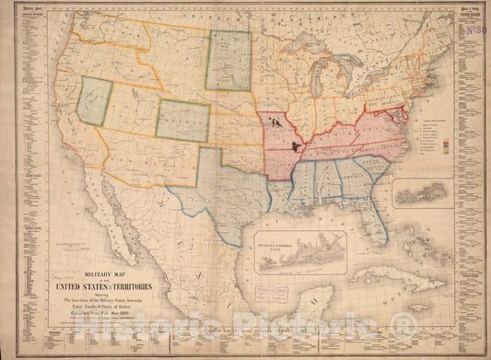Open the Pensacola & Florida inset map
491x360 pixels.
pyautogui.click(x=300, y=251)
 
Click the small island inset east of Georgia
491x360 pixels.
pyautogui.click(x=425, y=192)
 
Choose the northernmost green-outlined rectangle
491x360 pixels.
pyautogui.click(x=228, y=60)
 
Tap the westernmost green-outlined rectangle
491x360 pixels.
pyautogui.click(x=94, y=100)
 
